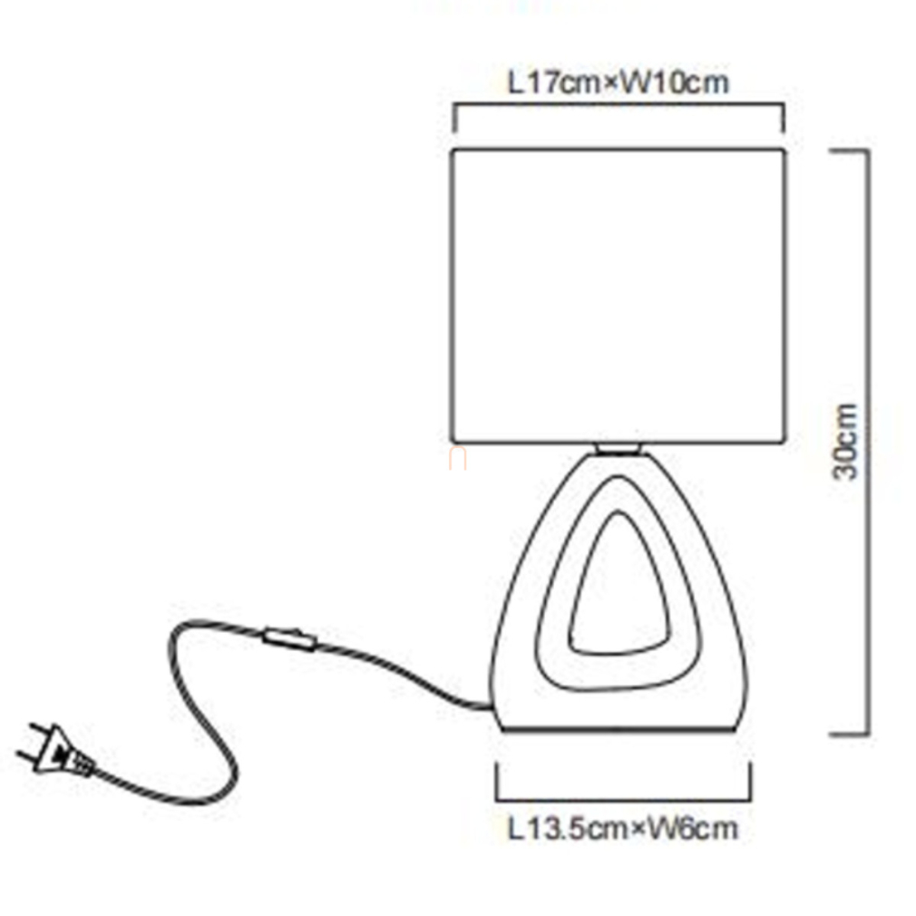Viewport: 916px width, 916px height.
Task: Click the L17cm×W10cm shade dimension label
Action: click(619, 83)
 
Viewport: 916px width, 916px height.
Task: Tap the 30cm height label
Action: click(847, 443)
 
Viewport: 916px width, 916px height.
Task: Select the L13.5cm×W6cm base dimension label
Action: click(623, 827)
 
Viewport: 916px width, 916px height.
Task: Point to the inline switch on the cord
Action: click(289, 639)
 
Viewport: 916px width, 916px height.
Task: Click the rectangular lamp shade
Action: click(619, 296)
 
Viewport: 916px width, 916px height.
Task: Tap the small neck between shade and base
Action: click(619, 448)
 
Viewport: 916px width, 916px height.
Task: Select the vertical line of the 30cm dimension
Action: click(868, 443)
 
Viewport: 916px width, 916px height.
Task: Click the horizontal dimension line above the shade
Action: click(619, 106)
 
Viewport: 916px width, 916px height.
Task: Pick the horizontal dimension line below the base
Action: click(623, 799)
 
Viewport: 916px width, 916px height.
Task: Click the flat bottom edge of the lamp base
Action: click(623, 729)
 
